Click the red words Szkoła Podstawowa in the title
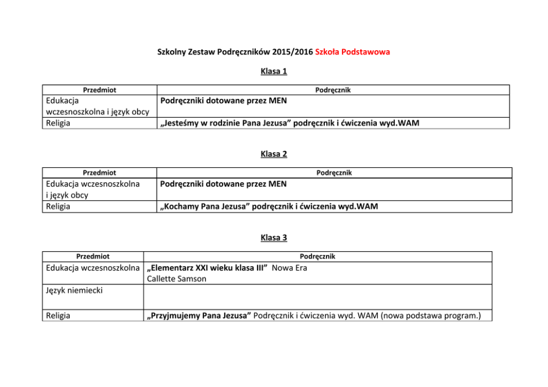[x=352, y=52]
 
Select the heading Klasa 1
[x=273, y=71]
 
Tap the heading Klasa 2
[x=273, y=154]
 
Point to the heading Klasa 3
[x=273, y=238]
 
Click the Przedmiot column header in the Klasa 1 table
[x=99, y=90]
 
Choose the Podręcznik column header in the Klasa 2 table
[x=334, y=173]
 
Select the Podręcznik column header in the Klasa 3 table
[x=317, y=256]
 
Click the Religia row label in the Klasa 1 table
[x=57, y=123]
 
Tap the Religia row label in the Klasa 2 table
[x=57, y=206]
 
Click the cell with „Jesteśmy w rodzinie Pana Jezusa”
[x=289, y=123]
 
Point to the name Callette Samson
[x=176, y=279]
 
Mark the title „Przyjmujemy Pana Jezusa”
[x=199, y=316]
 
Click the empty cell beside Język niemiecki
[x=318, y=296]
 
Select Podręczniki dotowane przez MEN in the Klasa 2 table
[x=223, y=183]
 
